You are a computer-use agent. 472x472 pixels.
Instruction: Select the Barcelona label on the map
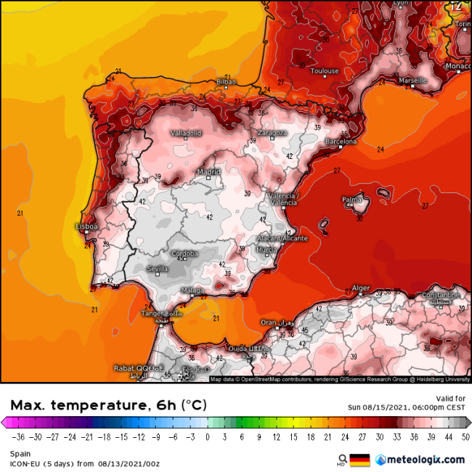pos(341,142)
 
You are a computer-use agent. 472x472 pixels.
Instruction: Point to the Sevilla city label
pos(158,269)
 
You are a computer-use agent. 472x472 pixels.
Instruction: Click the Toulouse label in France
pos(325,71)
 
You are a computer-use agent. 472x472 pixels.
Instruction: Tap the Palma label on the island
pos(352,199)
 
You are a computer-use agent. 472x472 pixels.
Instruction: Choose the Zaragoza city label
pos(273,133)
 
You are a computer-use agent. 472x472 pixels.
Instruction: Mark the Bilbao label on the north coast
pos(227,83)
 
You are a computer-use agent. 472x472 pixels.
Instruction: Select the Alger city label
pos(361,288)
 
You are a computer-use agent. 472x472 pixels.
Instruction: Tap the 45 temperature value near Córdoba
pos(179,259)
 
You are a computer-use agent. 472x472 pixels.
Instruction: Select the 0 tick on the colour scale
pos(207,436)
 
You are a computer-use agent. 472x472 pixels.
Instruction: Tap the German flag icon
pos(359,460)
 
